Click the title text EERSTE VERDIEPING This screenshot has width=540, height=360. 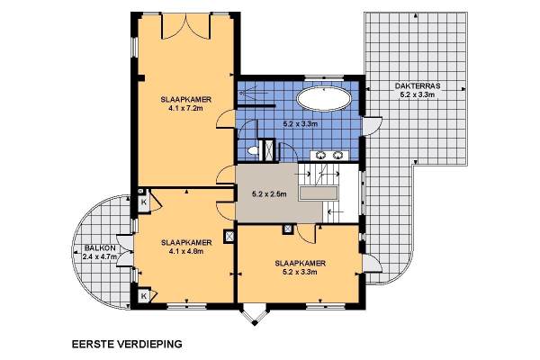[127, 344]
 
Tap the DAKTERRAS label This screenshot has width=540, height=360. [418, 85]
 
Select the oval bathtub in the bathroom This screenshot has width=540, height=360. [324, 99]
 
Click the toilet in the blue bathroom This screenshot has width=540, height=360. [253, 150]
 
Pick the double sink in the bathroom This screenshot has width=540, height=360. [329, 156]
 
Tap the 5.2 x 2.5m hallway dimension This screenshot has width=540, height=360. [269, 194]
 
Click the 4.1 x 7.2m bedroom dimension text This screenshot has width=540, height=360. [185, 108]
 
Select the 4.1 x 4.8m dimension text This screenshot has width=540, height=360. [186, 251]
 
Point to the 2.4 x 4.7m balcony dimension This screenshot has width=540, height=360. [100, 256]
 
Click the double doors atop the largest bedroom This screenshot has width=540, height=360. [186, 26]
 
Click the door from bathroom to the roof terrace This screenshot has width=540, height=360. [372, 126]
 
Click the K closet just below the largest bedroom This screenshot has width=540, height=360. [144, 202]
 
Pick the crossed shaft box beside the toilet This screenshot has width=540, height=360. [268, 149]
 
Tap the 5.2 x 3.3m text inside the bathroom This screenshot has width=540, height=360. [301, 124]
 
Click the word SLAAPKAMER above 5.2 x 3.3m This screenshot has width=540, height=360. [300, 264]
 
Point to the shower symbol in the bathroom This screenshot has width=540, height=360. [253, 92]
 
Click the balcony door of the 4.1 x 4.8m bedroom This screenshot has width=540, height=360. [125, 251]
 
